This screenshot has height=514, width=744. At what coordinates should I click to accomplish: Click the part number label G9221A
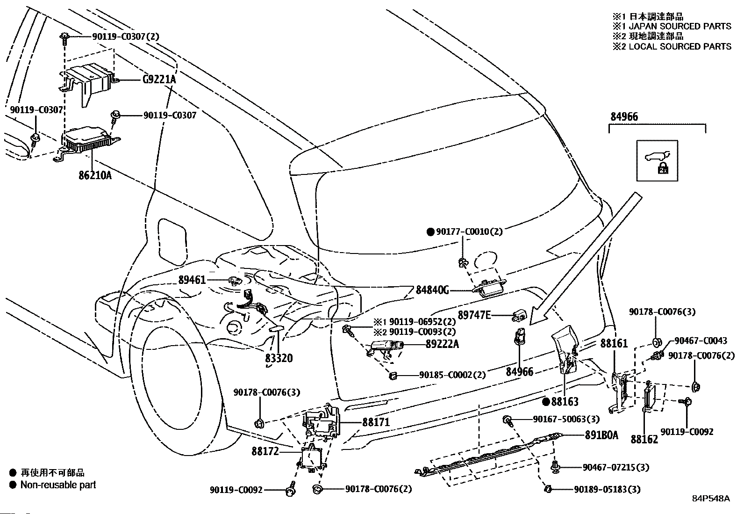point(159,80)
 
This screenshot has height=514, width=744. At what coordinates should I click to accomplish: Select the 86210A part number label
point(95,175)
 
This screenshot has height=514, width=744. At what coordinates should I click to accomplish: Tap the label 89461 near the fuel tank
point(192,280)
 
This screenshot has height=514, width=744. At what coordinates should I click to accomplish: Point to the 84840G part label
point(432,290)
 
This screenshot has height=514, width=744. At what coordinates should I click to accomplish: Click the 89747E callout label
point(474,315)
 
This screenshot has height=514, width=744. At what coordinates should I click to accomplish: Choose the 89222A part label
point(443,344)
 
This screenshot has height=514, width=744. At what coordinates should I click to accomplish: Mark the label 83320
point(279,358)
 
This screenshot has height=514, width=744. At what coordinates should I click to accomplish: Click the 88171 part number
point(376,422)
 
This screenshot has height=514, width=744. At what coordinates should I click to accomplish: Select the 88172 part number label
point(265,451)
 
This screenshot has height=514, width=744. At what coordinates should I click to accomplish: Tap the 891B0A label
point(601,435)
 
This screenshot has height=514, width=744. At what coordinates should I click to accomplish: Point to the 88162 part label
point(644,439)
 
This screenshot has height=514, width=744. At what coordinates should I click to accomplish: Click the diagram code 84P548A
point(711,499)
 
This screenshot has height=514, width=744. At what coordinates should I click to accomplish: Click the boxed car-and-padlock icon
point(657,161)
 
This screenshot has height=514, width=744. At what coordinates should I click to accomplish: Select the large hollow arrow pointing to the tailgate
point(585,259)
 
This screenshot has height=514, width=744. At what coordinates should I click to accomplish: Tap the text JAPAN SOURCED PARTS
point(680,26)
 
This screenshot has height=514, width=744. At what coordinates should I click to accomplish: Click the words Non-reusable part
point(58,485)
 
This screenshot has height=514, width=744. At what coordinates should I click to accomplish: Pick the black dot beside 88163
point(546,402)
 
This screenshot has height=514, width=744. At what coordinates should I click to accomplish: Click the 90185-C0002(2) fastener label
point(452,375)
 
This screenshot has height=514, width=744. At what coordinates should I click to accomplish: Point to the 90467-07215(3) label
point(616,467)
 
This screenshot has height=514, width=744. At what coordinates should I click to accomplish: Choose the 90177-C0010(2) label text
point(469,232)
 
